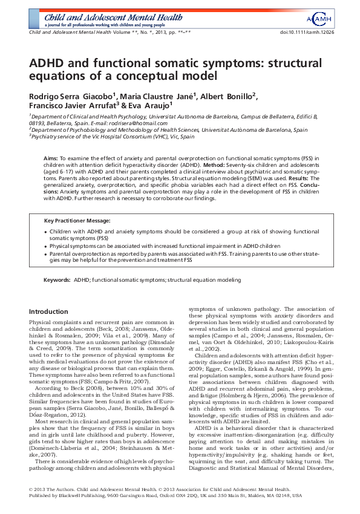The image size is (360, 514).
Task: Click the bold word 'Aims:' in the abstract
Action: tap(51, 157)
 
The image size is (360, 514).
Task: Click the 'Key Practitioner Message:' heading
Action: tap(77, 220)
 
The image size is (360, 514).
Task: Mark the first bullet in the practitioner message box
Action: tap(46, 232)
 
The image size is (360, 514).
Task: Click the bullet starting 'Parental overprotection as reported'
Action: tap(46, 255)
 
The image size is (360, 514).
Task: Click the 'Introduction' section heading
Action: tap(49, 311)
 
